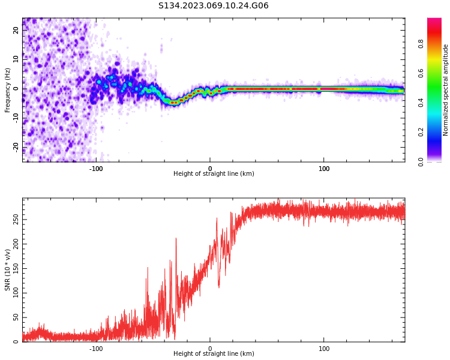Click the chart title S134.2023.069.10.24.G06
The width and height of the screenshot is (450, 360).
click(x=214, y=6)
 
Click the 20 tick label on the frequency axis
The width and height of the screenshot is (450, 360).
click(x=16, y=31)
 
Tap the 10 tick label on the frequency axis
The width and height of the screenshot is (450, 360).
click(x=16, y=59)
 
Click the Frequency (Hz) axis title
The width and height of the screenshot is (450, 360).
click(x=8, y=90)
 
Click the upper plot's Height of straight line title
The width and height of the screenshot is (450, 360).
click(x=214, y=174)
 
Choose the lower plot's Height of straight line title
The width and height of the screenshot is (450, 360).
click(x=214, y=354)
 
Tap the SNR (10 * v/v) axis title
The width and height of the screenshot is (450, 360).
click(x=8, y=270)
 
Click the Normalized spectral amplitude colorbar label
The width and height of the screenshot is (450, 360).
click(x=446, y=90)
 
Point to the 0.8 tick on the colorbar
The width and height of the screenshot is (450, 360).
click(x=421, y=43)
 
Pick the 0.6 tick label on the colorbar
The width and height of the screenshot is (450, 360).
click(x=421, y=73)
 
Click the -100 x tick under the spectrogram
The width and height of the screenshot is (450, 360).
click(x=96, y=168)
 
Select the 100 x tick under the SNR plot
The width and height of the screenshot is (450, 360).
click(x=324, y=348)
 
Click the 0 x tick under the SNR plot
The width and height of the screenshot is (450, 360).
click(x=210, y=348)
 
